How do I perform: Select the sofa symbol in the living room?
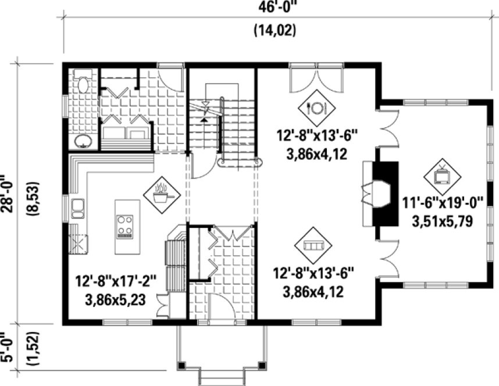pyautogui.click(x=314, y=245)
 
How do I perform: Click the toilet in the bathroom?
pyautogui.click(x=83, y=82)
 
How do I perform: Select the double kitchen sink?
pyautogui.click(x=78, y=208)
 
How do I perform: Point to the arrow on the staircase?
pyautogui.click(x=205, y=110)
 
